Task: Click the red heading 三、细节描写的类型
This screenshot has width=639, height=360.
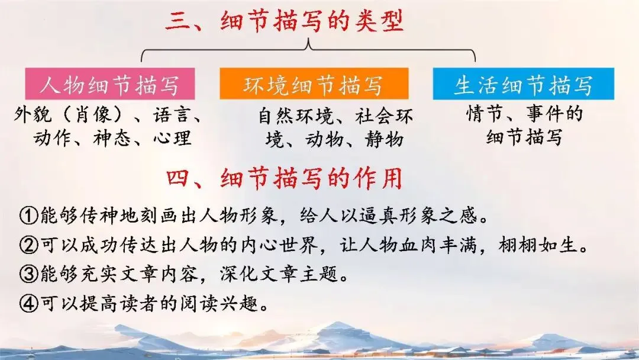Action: [x=285, y=21]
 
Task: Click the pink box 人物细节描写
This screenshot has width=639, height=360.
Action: [x=110, y=83]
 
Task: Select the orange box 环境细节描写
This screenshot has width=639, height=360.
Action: [x=314, y=83]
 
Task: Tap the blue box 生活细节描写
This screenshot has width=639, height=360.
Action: [x=523, y=83]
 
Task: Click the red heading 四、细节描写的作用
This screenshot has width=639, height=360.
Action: [x=285, y=178]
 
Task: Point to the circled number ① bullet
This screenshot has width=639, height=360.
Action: [x=29, y=216]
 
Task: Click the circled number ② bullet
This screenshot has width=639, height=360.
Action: [x=29, y=245]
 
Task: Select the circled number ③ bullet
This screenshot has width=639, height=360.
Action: [x=29, y=274]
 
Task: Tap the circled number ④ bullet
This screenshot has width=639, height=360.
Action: [x=29, y=303]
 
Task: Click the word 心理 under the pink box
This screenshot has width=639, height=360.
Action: [x=172, y=138]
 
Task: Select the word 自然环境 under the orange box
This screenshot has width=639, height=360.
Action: [x=295, y=116]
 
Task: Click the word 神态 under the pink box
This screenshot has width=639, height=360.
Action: [x=112, y=138]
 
